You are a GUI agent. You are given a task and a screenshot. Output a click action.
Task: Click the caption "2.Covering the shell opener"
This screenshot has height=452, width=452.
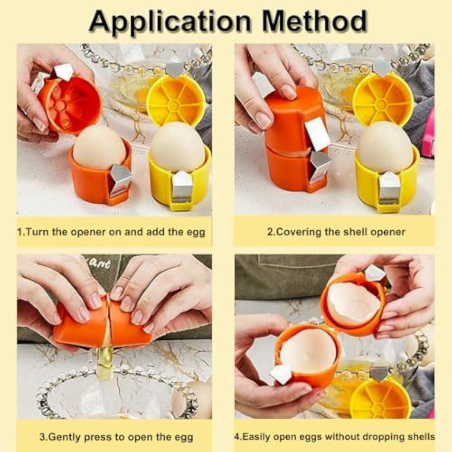coord(336,232)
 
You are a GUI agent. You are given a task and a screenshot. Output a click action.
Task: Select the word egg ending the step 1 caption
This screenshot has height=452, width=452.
coord(195,233)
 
